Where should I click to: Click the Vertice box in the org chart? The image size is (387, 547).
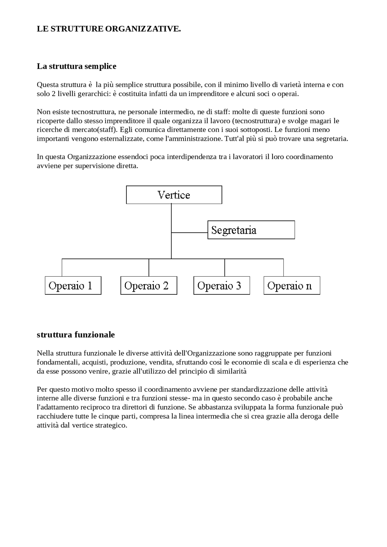pyautogui.click(x=174, y=195)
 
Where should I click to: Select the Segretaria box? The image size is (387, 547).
pyautogui.click(x=251, y=230)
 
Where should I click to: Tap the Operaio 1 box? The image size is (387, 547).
pyautogui.click(x=73, y=286)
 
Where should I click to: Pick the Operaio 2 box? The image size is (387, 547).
pyautogui.click(x=148, y=286)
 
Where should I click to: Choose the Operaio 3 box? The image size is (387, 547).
pyautogui.click(x=222, y=286)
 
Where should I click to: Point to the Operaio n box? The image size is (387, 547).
pyautogui.click(x=292, y=286)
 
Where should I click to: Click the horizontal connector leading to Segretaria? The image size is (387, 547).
pyautogui.click(x=189, y=233)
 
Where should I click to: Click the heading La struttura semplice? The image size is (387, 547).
pyautogui.click(x=76, y=66)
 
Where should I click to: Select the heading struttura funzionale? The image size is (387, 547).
pyautogui.click(x=76, y=335)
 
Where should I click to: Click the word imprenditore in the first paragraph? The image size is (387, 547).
pyautogui.click(x=209, y=94)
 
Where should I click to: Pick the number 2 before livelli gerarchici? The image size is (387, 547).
pyautogui.click(x=54, y=94)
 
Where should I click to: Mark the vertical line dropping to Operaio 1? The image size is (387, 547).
pyautogui.click(x=62, y=268)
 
